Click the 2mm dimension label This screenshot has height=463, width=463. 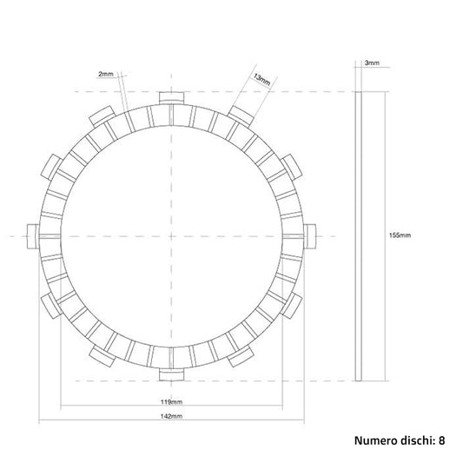[x=106, y=75]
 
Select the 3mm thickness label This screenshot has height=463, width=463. [x=371, y=63]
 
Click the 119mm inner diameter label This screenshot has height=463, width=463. [x=170, y=403]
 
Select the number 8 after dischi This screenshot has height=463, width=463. [x=441, y=440]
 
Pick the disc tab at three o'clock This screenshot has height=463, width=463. [x=314, y=232]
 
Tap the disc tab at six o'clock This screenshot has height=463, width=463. [x=171, y=374]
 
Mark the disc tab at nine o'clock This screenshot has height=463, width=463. [x=33, y=232]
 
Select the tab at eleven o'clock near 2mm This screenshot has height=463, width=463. [x=101, y=113]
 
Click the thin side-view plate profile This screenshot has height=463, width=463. [x=360, y=235]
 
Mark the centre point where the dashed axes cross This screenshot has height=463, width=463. [x=171, y=234]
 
